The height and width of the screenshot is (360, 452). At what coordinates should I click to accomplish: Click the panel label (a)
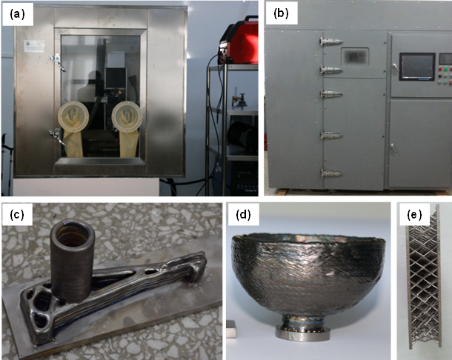[x=17, y=14]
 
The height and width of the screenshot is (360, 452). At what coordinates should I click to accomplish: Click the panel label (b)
[x=281, y=14]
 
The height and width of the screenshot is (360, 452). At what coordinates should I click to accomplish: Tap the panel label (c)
[x=17, y=214]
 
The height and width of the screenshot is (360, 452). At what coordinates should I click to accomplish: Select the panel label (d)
[x=243, y=214]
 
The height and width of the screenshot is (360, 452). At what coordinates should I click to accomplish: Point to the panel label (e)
[x=414, y=214]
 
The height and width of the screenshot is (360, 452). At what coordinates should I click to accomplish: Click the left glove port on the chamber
[x=73, y=115]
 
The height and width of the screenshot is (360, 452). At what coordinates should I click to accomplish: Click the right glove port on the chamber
[x=127, y=115]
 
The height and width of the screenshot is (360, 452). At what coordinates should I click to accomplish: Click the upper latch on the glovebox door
[x=58, y=62]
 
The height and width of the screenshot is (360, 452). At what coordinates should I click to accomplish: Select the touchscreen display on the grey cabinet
[x=417, y=66]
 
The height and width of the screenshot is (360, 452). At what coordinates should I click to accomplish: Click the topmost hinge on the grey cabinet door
[x=330, y=41]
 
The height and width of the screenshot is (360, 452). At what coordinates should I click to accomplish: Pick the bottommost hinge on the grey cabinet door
[x=331, y=173]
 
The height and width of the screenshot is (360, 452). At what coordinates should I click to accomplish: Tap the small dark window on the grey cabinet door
[x=355, y=56]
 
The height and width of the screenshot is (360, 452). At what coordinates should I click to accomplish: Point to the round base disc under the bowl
[x=302, y=333]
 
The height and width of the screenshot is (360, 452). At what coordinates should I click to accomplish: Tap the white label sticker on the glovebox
[x=34, y=46]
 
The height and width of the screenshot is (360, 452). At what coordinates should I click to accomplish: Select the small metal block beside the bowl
[x=231, y=329]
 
